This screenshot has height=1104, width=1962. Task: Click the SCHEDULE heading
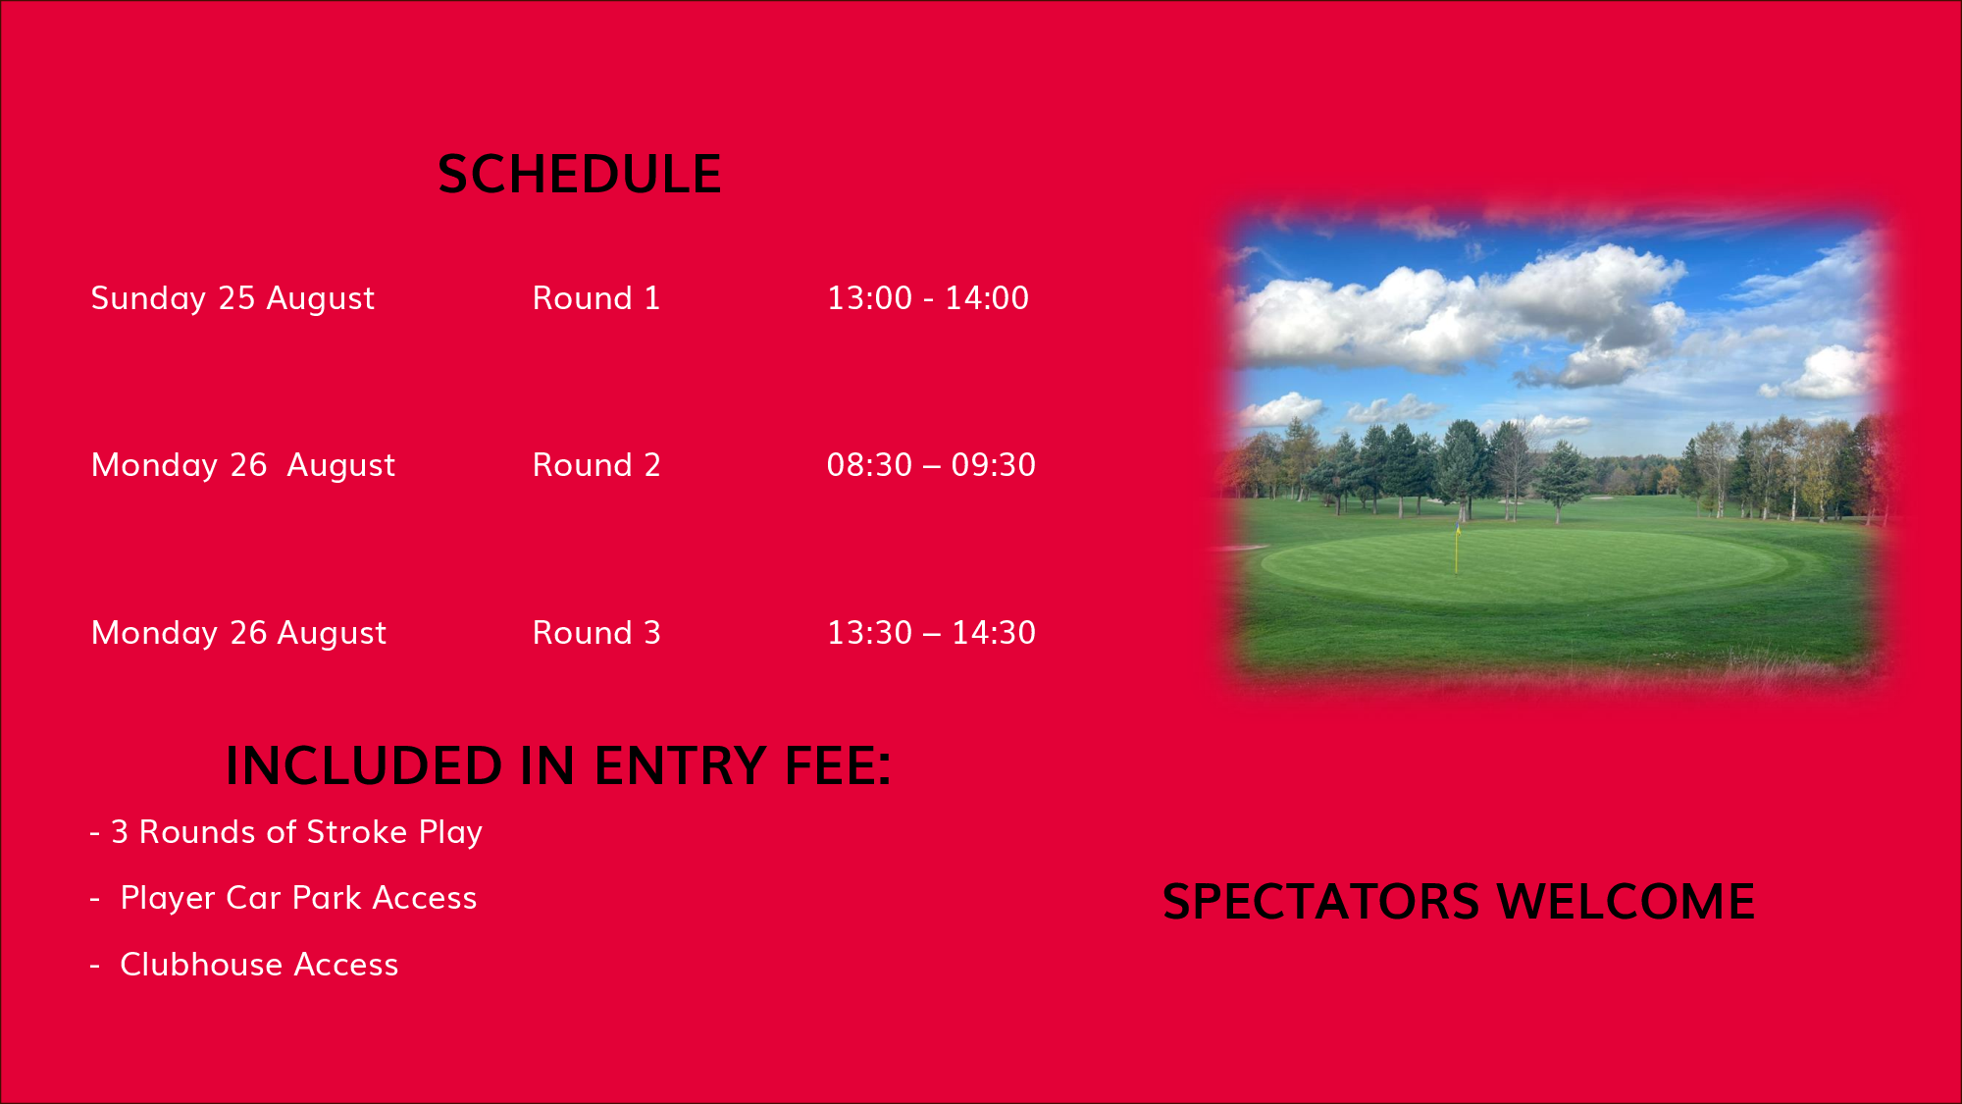coord(579,175)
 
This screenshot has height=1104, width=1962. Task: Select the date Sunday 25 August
coord(232,298)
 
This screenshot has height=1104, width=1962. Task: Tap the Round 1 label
coord(596,298)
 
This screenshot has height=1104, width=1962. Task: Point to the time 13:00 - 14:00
coord(928,298)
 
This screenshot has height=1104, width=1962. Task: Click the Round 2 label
coord(596,465)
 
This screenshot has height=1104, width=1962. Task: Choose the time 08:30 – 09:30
coord(931,465)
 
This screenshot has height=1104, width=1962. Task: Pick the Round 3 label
coord(596,633)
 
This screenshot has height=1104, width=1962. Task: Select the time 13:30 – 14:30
coord(931,633)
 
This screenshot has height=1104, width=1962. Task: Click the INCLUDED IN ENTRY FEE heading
coord(558,765)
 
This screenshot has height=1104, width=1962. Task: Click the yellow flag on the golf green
coord(1458,550)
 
